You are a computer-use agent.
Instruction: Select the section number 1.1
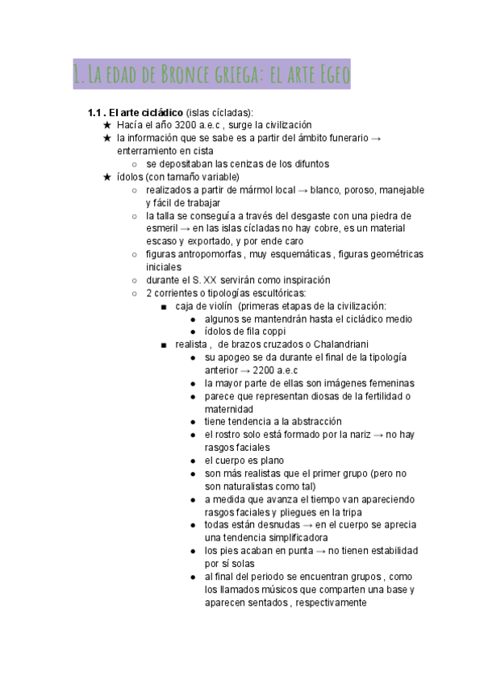pos(95,112)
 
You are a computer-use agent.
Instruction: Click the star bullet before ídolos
pos(106,177)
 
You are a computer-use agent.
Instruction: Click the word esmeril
pos(162,228)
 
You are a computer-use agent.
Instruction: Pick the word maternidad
pos(230,409)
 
